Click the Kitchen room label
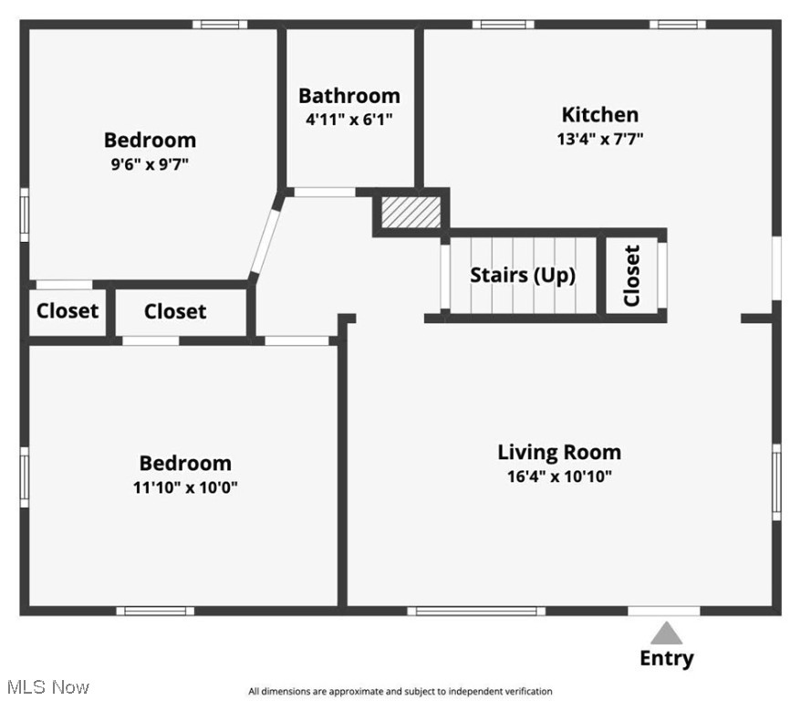coord(599,114)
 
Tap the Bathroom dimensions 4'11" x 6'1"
coord(348,119)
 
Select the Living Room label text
coord(558,452)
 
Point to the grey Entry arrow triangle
coord(666,633)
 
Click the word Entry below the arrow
coord(666,658)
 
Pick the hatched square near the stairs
coord(411,212)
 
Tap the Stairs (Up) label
coord(522,275)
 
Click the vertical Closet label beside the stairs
coord(632,276)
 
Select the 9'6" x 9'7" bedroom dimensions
coord(150,164)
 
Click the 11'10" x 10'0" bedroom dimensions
coord(185,487)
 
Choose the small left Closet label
coord(67,311)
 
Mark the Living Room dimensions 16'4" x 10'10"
coord(558,476)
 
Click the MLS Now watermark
coord(47,686)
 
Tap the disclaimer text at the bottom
coord(400,691)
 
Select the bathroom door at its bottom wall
coord(324,193)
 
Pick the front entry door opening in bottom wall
coord(664,611)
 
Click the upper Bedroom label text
coord(150,140)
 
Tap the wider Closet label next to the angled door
coord(175,311)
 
